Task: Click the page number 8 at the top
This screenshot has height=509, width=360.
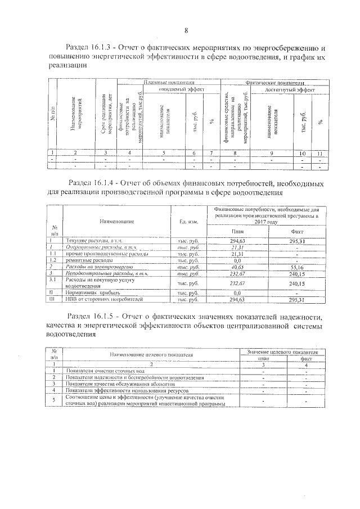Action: pos(186,30)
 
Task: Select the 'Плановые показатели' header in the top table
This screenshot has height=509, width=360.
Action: pos(169,82)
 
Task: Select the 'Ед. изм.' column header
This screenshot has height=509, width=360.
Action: pos(188,222)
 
